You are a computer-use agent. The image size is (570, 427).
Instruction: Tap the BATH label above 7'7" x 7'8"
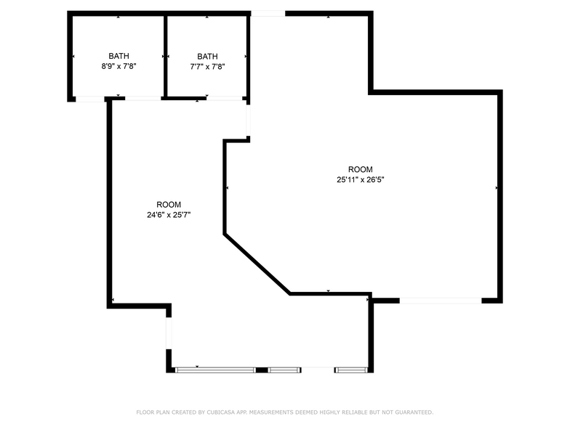point(207,56)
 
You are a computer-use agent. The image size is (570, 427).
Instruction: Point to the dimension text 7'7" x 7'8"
point(207,66)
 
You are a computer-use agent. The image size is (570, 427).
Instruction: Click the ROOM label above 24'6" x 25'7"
point(169,205)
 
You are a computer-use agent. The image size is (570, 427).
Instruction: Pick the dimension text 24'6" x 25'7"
point(169,215)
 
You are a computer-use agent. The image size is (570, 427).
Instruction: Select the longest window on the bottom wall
point(216,370)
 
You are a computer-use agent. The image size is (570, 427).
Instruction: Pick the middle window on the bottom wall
point(284,370)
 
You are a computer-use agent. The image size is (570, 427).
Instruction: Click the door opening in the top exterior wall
point(268,13)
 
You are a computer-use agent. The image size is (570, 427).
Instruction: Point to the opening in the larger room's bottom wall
point(440,300)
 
